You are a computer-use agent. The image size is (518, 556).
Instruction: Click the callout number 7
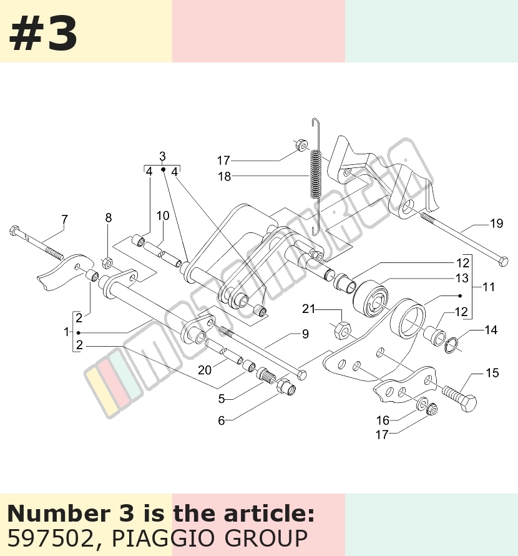click(64, 220)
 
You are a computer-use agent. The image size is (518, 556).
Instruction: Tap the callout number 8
click(109, 218)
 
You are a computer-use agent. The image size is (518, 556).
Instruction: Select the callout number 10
click(163, 216)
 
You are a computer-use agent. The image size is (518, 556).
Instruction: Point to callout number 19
click(496, 224)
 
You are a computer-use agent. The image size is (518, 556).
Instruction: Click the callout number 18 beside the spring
click(224, 176)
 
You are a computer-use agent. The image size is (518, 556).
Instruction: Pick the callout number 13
click(462, 278)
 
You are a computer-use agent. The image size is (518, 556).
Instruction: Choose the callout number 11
click(489, 287)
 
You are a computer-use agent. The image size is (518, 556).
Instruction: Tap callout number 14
click(491, 330)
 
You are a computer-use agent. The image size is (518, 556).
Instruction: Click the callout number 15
click(492, 373)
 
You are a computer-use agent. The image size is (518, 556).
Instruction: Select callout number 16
click(383, 420)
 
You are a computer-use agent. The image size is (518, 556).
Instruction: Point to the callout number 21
click(308, 309)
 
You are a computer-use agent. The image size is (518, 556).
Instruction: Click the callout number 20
click(205, 370)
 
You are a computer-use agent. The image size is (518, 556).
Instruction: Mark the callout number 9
click(305, 334)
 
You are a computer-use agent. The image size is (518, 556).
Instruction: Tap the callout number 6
click(221, 420)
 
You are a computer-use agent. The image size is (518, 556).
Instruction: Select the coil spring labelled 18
click(316, 173)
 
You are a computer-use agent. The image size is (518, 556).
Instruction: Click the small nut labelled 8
click(107, 264)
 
